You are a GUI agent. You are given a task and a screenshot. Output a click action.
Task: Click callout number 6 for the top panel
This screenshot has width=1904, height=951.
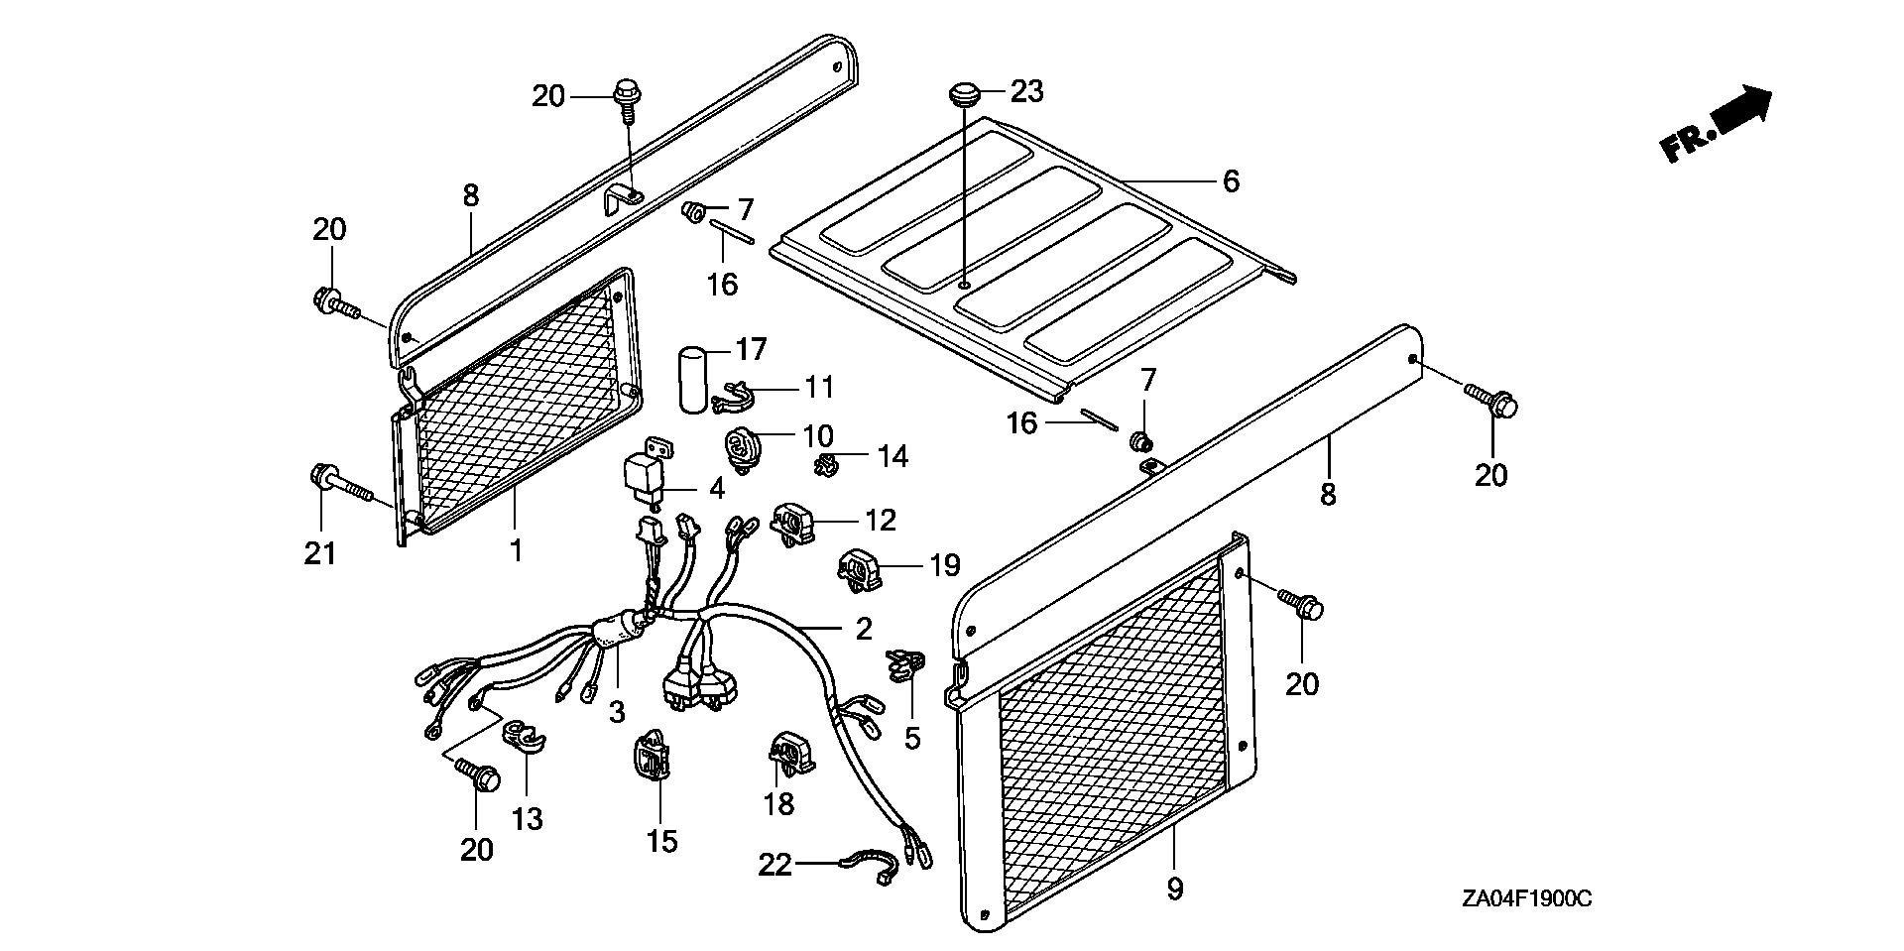pos(1231,181)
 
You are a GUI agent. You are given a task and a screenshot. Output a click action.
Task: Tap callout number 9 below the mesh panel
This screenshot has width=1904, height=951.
pos(1175,890)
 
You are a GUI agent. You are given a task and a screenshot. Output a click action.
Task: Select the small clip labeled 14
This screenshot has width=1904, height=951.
pos(825,462)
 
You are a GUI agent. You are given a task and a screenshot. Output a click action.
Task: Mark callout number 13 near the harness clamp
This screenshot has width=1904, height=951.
pos(528,819)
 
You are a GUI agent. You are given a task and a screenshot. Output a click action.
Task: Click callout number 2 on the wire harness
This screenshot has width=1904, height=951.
pos(864,628)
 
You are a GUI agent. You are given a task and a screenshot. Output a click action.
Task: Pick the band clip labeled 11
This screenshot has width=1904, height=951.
pos(735,396)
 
